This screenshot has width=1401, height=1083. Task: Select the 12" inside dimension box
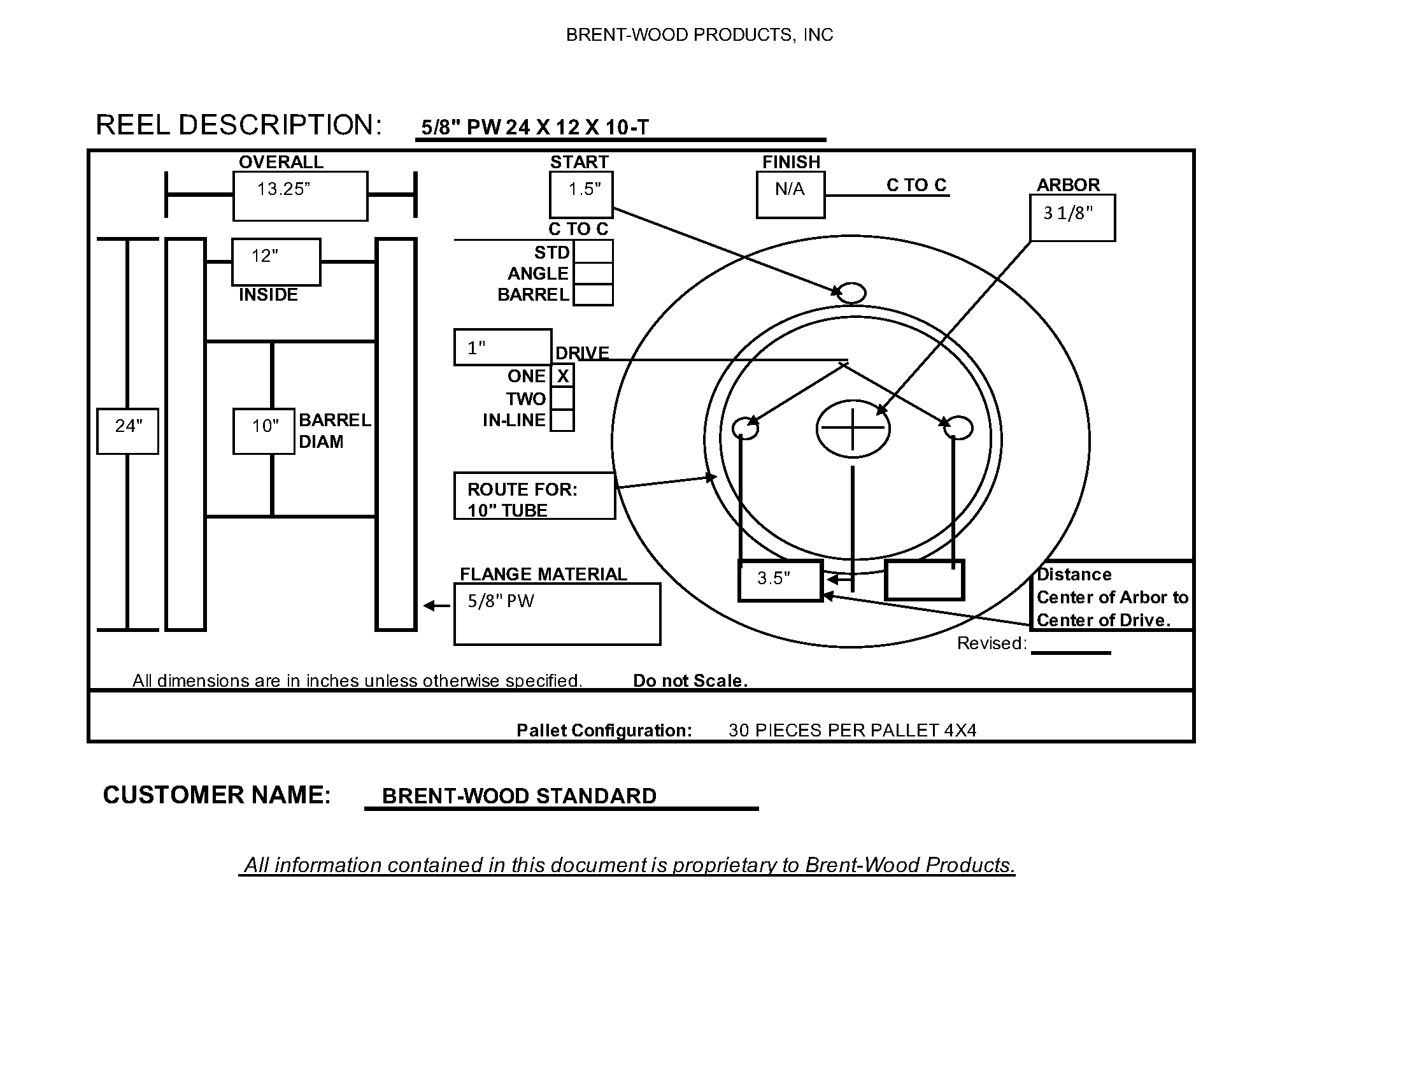point(276,262)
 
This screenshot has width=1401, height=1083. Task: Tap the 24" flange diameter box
point(127,431)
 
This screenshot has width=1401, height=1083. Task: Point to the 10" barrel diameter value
point(264,431)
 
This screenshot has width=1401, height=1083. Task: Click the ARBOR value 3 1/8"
point(1072,217)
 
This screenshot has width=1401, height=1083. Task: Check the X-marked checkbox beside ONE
point(562,376)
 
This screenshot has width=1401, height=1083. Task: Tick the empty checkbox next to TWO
point(562,398)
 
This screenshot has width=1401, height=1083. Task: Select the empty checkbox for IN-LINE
point(562,420)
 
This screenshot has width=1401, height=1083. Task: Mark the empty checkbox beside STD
point(593,252)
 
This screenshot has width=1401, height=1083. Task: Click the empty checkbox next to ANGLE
point(593,273)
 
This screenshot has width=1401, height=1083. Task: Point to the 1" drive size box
point(502,348)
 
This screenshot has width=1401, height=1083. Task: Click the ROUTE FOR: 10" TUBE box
point(534,496)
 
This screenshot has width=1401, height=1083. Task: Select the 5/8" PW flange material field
point(557,613)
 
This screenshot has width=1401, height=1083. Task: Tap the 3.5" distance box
point(779,580)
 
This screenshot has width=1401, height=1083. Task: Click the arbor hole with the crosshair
point(853,428)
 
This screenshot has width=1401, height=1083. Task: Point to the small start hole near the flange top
point(851,293)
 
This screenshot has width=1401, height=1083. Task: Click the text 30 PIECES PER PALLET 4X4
point(853,730)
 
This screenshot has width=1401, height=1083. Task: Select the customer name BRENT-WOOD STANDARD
point(519,796)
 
